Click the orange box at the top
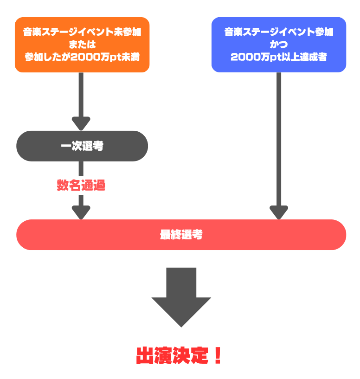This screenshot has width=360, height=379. coord(82,45)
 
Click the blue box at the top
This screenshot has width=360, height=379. coord(278,45)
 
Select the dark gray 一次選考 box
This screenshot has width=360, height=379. coord(82,146)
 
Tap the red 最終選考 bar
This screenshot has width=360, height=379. coord(181,235)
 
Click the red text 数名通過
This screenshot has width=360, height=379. coord(81,185)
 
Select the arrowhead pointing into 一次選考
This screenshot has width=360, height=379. coord(81,123)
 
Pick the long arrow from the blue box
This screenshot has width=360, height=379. coord(279,139)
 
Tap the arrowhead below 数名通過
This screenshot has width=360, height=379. coord(81,212)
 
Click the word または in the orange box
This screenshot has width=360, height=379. coord(82,45)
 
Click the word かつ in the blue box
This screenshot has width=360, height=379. coord(278,45)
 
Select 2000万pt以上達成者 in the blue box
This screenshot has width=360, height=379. coord(278,57)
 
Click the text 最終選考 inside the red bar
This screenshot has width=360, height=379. coord(181,235)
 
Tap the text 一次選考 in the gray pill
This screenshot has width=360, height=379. coord(82,146)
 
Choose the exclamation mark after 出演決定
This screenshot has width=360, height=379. coord(217,356)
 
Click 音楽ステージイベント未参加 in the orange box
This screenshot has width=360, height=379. coord(82,32)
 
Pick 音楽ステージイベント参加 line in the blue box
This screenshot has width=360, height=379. coord(278,32)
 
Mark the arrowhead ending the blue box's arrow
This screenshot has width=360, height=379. coord(279,212)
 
